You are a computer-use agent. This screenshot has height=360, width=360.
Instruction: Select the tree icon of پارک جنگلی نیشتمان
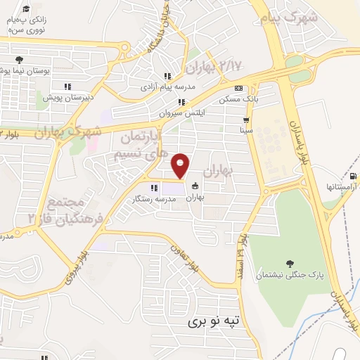[290, 263]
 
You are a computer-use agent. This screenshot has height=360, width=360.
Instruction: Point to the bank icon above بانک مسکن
[238, 89]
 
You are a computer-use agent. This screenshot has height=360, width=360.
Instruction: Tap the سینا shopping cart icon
[245, 120]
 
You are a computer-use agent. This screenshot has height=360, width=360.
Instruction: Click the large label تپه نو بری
[213, 322]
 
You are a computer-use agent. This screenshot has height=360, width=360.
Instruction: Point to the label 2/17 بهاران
[215, 66]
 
